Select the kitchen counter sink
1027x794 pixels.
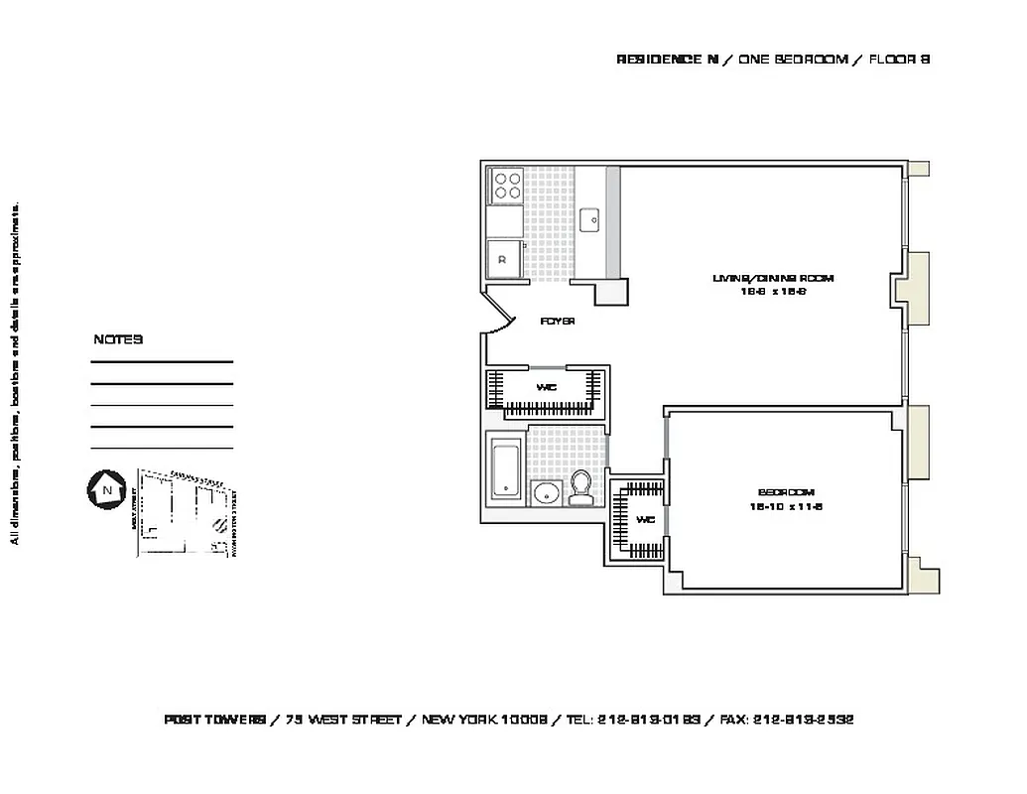point(589,217)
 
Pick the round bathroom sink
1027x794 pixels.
point(546,493)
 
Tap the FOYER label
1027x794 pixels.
point(558,322)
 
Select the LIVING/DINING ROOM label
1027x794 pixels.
point(773,279)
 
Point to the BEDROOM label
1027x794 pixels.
point(786,492)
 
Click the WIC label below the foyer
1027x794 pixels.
point(545,387)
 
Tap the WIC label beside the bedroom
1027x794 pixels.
point(644,519)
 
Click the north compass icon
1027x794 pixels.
point(104,489)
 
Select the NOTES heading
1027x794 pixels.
point(118,339)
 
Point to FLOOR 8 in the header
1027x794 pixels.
point(899,60)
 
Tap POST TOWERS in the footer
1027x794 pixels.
point(214,720)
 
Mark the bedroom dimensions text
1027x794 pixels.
point(787,506)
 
